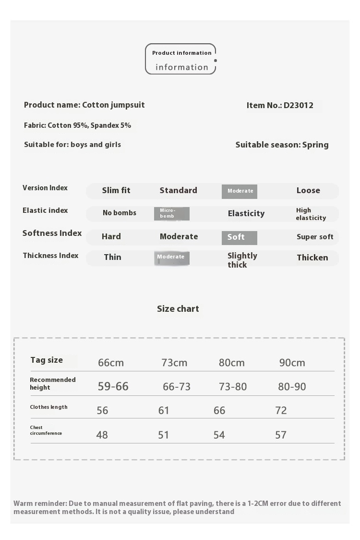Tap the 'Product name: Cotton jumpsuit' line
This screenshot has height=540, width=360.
(x=84, y=105)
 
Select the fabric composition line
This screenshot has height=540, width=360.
(x=77, y=125)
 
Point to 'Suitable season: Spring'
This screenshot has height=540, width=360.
(x=282, y=145)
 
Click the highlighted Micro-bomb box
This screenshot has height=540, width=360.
(x=171, y=213)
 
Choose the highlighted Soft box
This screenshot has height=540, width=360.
(x=239, y=237)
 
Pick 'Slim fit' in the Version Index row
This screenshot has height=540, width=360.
(x=116, y=190)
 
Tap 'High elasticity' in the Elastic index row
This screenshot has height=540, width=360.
(x=311, y=214)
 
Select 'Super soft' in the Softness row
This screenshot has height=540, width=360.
(x=315, y=237)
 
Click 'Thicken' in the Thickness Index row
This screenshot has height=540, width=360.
(x=312, y=258)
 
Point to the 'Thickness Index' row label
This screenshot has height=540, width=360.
(x=50, y=256)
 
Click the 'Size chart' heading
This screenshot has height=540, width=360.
(x=178, y=309)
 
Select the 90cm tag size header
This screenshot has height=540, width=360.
(x=292, y=363)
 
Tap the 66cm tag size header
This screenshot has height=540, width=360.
(x=111, y=363)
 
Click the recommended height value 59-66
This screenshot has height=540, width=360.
(x=113, y=386)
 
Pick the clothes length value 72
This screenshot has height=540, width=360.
(x=281, y=410)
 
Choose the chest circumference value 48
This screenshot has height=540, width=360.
(x=102, y=435)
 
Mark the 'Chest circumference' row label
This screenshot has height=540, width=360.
(x=46, y=430)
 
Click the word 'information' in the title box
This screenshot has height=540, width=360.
(x=181, y=67)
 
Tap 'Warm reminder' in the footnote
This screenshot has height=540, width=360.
(x=40, y=503)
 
